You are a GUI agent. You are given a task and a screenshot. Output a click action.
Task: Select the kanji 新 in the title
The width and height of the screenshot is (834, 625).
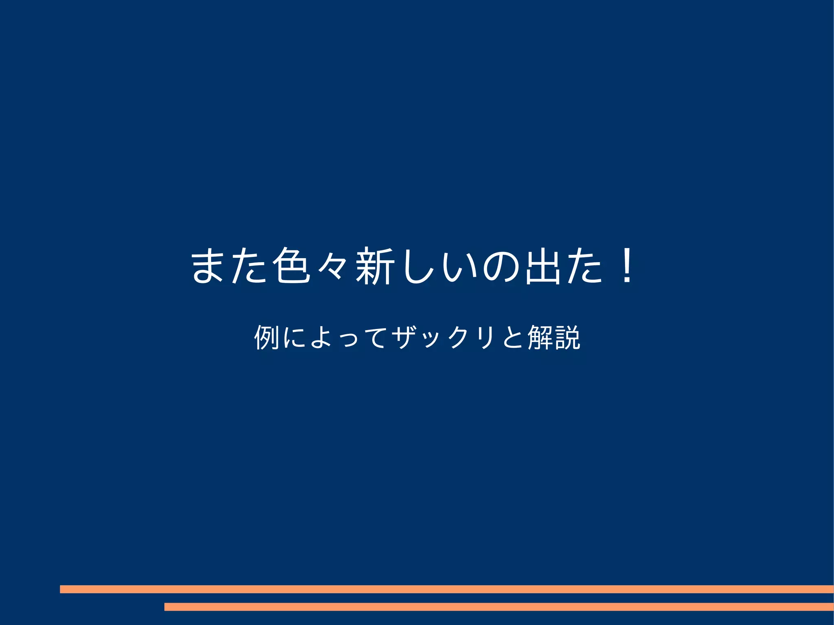(x=374, y=265)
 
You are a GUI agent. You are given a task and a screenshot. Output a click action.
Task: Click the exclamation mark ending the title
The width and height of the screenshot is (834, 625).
(x=627, y=265)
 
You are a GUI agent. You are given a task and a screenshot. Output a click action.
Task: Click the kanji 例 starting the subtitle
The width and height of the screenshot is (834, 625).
(x=266, y=337)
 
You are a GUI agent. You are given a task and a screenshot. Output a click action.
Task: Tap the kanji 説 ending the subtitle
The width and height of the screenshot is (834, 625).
(x=567, y=337)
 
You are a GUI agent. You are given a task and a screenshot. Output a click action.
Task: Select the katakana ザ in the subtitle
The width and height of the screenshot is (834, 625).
(x=404, y=337)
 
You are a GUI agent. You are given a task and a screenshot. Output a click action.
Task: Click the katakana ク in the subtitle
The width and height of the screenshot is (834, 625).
(x=459, y=337)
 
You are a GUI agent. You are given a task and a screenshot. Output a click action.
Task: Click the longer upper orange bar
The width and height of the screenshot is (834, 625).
(x=447, y=589)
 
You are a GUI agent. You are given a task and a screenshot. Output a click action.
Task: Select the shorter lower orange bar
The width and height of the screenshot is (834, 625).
(x=499, y=607)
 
